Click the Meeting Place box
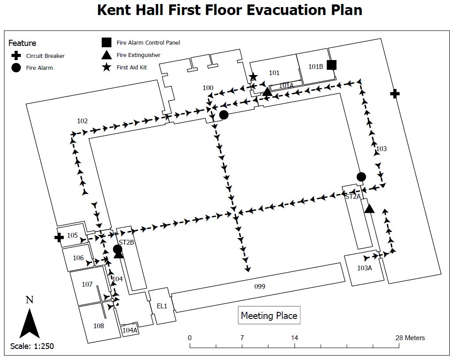pos(269,315)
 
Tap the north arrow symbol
pos(30,323)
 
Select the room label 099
pos(260,286)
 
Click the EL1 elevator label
pos(162,306)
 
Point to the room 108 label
pos(99,326)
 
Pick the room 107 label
pos(87,284)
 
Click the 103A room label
pos(364,268)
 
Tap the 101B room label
pos(316,66)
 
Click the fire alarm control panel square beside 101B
pos(332,65)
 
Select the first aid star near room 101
pos(253,77)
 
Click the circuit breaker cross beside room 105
pos(59,238)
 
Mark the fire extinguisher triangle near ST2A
pos(369,208)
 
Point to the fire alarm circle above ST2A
pos(361,177)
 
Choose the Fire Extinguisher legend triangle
pos(107,54)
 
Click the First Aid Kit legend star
pos(107,67)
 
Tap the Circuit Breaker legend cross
pos(16,55)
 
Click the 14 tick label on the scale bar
pos(294,337)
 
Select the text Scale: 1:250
pos(32,346)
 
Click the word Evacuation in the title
pos(287,10)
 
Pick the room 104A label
pos(130,330)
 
